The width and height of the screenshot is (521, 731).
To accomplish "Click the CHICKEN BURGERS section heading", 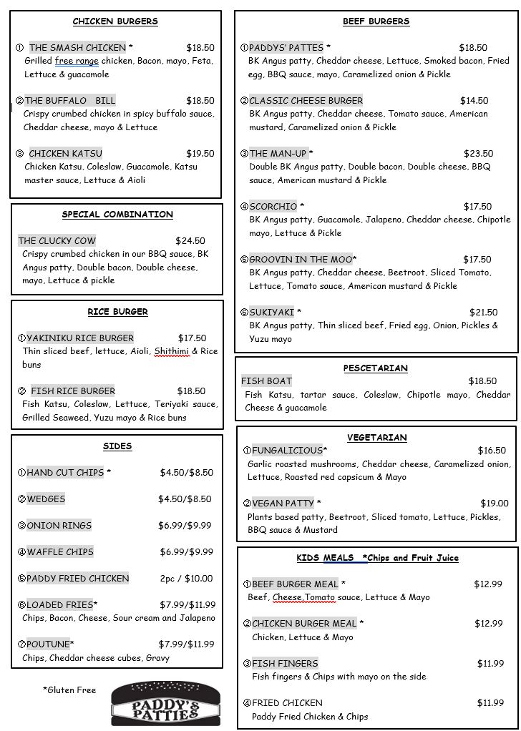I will tap(115, 21).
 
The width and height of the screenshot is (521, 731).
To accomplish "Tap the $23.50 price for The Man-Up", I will tap(478, 154).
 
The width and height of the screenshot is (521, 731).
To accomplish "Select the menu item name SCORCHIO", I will tap(273, 207).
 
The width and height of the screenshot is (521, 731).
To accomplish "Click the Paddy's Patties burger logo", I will tap(165, 704).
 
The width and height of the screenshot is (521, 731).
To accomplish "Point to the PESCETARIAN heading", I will tap(375, 368).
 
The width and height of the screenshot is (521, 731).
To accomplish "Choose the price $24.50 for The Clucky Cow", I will tap(190, 241).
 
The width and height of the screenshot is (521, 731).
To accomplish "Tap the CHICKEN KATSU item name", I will tap(65, 154).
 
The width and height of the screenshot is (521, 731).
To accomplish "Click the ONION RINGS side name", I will tap(59, 526).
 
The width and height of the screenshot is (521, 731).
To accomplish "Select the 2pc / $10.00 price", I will tap(186, 579).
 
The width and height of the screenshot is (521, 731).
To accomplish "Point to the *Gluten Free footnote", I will tap(69, 690).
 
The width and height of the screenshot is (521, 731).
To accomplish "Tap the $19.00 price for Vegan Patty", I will tap(495, 504).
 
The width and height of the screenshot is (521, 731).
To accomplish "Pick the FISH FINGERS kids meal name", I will tap(285, 664).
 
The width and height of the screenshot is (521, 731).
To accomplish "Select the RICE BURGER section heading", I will tap(117, 312).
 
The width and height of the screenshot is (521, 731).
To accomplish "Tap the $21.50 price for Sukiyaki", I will tap(483, 313).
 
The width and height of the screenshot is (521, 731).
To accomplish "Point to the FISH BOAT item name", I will tap(266, 381).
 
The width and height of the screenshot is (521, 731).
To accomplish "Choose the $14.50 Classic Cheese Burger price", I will tap(474, 101).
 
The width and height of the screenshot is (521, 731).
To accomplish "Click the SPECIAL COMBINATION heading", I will tap(117, 215).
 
